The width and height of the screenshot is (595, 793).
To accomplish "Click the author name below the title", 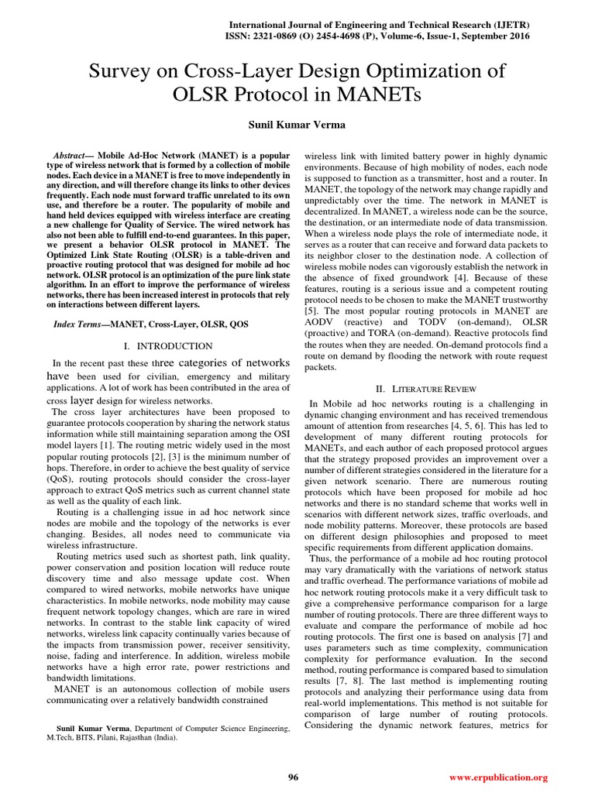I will (x=297, y=125).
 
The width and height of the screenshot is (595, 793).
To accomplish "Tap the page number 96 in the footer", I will (x=293, y=777).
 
